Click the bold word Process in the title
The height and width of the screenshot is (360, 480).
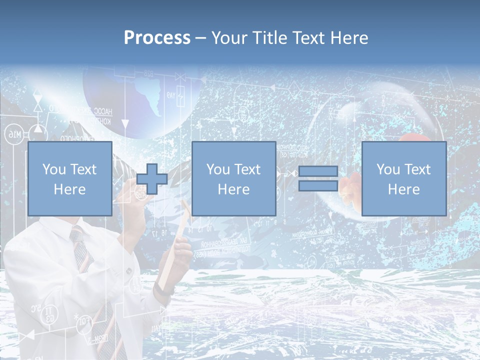pos(157,37)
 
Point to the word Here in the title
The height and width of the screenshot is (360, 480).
pos(348,37)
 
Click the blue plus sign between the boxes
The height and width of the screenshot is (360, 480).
pos(152,179)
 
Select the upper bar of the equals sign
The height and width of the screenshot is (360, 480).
pos(318,171)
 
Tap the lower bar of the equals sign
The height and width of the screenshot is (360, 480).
pos(318,186)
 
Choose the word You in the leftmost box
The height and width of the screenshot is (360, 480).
pos(53,169)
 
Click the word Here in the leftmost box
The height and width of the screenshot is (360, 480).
pos(69,189)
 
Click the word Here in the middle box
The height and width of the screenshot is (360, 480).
pos(233,189)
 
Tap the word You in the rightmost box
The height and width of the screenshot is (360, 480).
pos(388,169)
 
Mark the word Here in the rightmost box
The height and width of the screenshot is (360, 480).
pos(403,189)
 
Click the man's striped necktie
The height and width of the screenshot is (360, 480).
pos(82,255)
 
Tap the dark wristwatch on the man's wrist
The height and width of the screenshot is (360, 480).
pos(163,288)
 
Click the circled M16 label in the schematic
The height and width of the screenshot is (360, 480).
pos(12,133)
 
